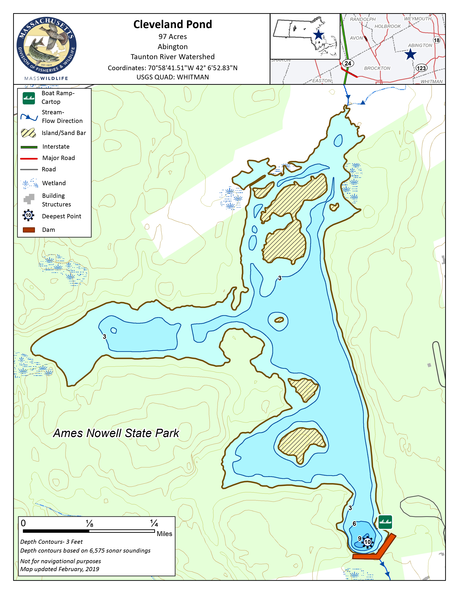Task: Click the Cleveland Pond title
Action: [x=172, y=24]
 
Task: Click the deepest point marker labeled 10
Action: [x=367, y=542]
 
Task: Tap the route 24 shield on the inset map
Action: [x=348, y=63]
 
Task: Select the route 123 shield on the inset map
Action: [x=421, y=68]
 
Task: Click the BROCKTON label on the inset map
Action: [x=377, y=68]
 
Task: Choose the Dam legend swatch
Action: [x=29, y=230]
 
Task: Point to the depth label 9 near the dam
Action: [x=359, y=539]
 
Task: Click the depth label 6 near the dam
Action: [x=354, y=524]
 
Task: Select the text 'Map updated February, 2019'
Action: [x=60, y=569]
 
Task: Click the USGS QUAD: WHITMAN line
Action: [x=172, y=77]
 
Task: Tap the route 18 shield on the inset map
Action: [x=436, y=40]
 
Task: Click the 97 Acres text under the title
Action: [x=172, y=37]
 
